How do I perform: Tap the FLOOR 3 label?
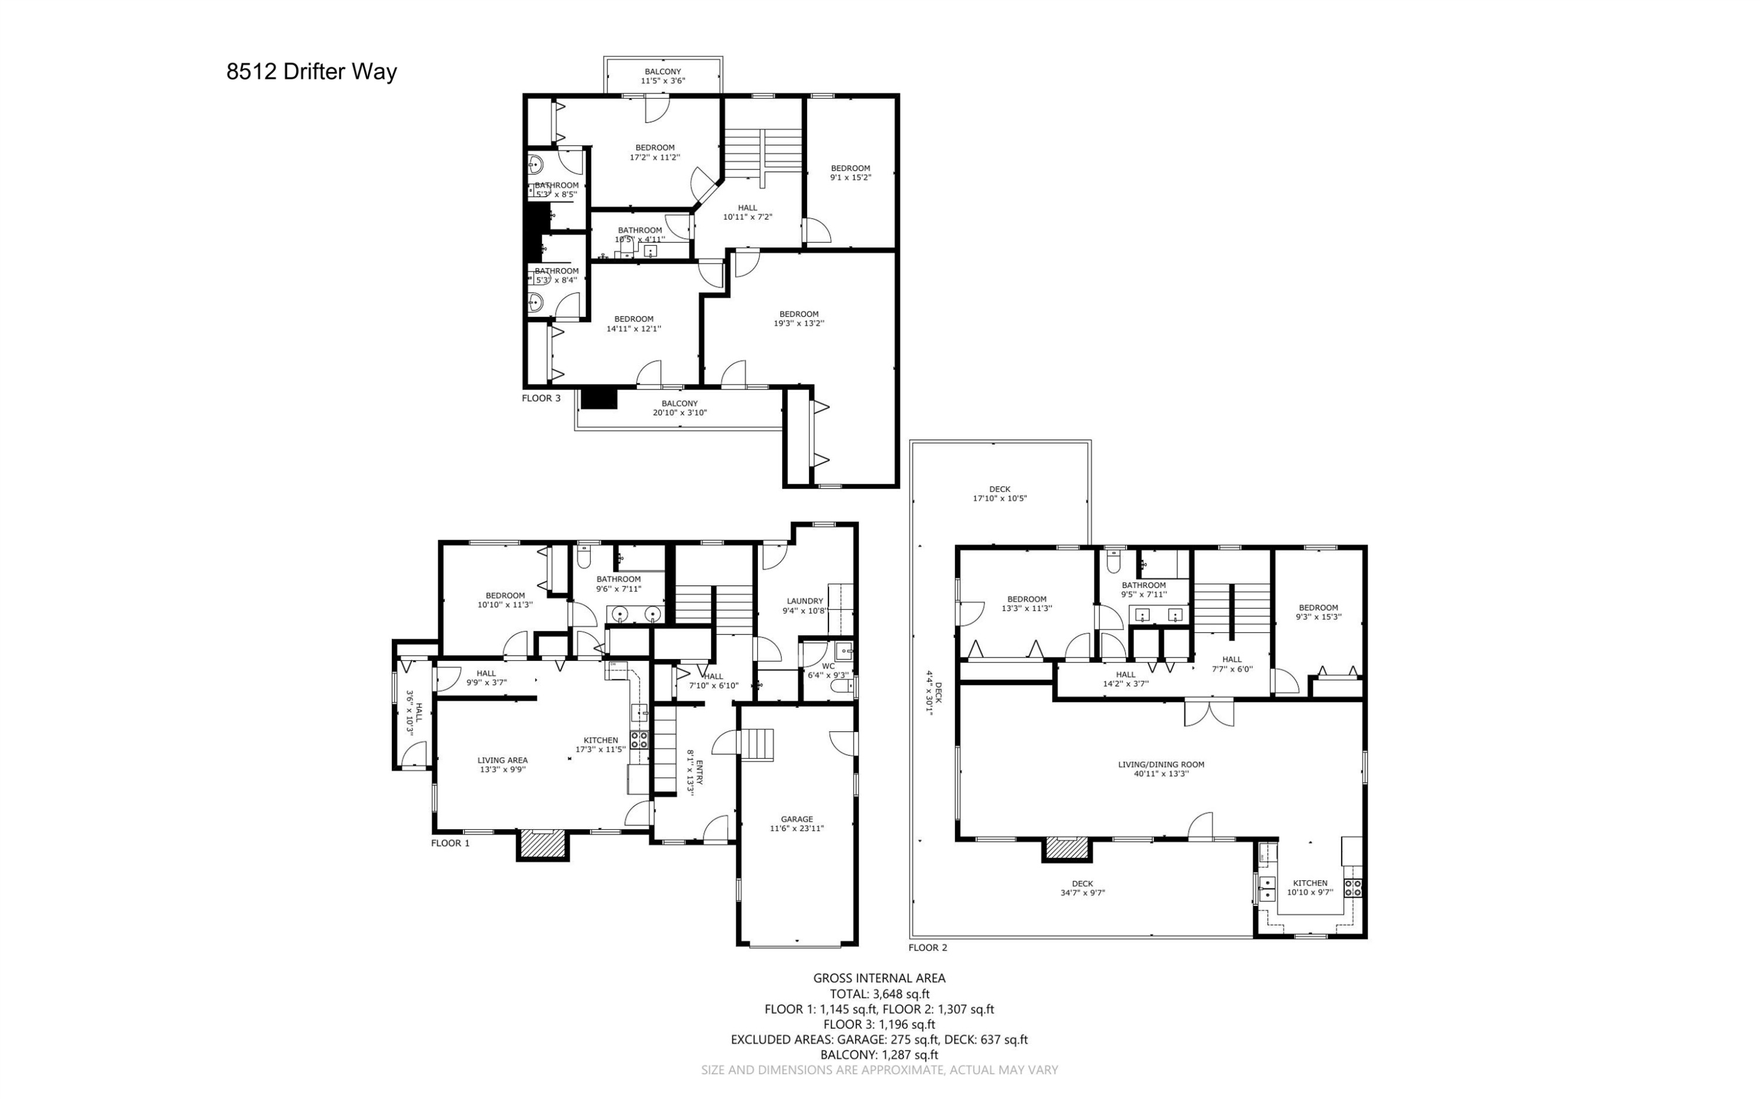541,398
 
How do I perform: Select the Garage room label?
797,823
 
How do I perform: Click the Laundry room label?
805,605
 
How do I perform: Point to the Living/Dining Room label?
1161,769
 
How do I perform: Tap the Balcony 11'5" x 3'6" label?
662,76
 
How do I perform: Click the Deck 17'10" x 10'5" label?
1000,494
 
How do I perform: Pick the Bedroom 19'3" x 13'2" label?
798,318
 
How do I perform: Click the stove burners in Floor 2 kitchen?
1353,887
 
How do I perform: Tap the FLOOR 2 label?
928,948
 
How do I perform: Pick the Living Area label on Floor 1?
502,765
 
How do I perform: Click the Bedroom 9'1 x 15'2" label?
850,172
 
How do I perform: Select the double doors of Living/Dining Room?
1208,713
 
